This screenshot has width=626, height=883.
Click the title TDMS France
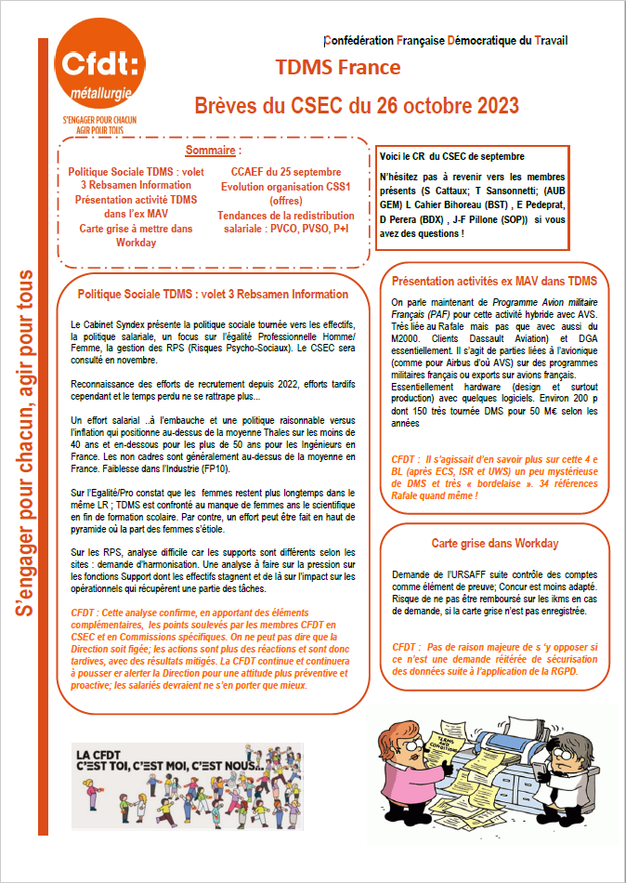[338, 68]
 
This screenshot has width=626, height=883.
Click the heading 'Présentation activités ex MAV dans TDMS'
[501, 280]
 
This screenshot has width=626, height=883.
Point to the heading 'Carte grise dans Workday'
[495, 543]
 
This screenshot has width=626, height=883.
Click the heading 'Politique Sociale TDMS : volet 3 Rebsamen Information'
[213, 294]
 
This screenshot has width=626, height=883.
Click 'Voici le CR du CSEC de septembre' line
[452, 156]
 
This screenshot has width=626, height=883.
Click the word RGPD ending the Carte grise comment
[560, 670]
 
